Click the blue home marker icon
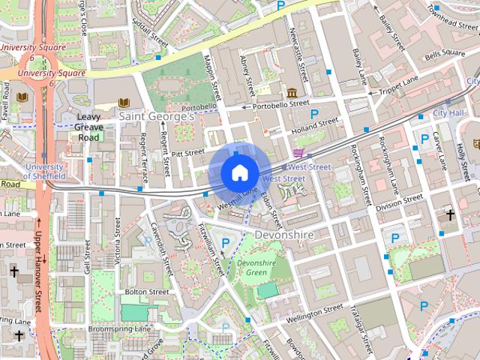tap(238, 172)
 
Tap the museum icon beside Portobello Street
tap(290, 92)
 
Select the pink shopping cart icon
tap(298, 153)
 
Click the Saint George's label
tap(157, 116)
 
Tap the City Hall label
tap(448, 112)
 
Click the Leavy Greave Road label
tap(88, 127)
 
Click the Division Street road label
tap(398, 202)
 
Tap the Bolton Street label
tap(146, 292)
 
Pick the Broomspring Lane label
tap(120, 328)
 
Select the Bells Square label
tap(445, 54)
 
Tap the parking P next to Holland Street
tap(315, 114)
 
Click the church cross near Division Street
tap(450, 215)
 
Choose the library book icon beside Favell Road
tap(22, 97)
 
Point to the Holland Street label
tap(310, 129)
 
